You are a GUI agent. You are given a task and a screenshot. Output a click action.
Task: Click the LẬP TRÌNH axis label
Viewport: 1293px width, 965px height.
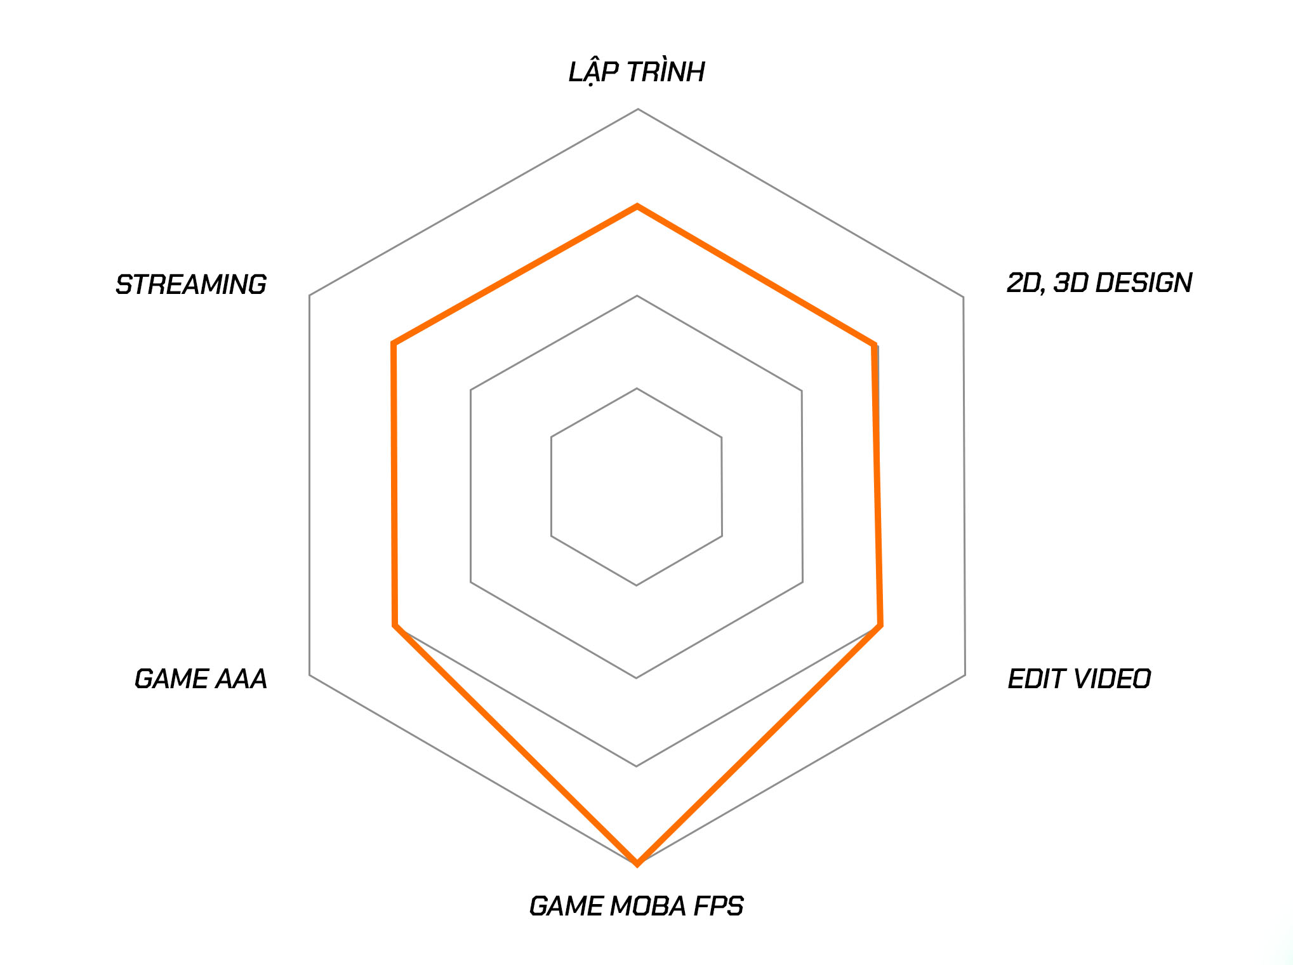(x=636, y=72)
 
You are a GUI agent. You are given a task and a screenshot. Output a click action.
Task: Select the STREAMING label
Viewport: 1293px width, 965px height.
(x=190, y=284)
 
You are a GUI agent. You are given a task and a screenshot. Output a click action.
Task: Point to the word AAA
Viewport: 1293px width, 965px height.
(x=241, y=679)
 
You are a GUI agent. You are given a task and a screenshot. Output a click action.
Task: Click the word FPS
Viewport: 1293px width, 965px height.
(x=718, y=906)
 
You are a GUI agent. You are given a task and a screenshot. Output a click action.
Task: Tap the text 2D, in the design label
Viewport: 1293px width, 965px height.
(x=1026, y=283)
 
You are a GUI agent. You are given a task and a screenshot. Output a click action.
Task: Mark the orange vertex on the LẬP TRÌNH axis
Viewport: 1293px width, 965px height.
(x=637, y=206)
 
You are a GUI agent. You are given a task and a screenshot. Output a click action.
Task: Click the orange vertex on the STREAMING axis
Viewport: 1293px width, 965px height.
(x=394, y=344)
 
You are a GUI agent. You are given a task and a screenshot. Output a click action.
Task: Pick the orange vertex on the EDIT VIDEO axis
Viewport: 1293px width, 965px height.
(x=880, y=626)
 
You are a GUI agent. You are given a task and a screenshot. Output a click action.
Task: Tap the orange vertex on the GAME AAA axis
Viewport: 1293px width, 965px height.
(x=395, y=625)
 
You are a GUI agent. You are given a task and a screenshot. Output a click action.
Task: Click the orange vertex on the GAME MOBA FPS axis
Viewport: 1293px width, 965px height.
(x=637, y=863)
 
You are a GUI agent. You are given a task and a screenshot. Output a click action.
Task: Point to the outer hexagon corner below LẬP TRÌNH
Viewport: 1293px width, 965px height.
(x=638, y=109)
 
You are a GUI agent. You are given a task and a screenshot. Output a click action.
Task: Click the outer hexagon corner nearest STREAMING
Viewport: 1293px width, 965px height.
(x=310, y=295)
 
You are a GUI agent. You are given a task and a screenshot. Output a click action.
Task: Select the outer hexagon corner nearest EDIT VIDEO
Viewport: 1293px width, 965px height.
(x=965, y=675)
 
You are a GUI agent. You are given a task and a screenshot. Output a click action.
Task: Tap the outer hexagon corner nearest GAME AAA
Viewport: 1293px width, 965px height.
(x=310, y=675)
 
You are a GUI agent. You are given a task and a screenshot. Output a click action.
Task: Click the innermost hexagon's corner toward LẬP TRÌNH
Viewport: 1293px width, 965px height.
(x=637, y=389)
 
